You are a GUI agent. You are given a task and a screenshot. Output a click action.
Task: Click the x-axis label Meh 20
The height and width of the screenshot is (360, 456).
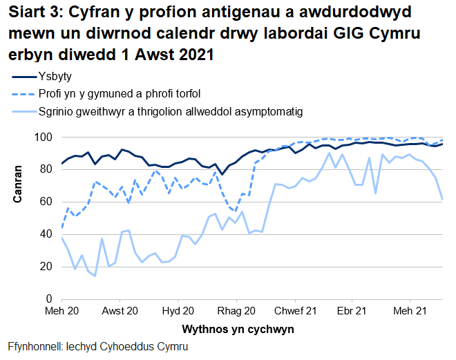[62, 312]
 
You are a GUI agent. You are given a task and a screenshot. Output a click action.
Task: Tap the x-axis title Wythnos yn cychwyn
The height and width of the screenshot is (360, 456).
[238, 330]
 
